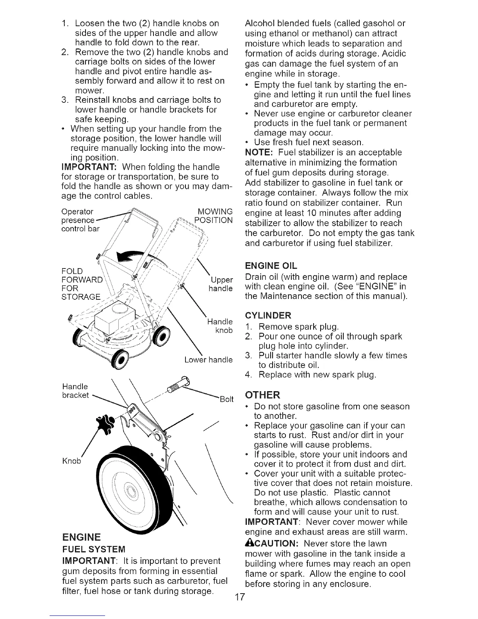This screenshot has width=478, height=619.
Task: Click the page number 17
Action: click(x=239, y=608)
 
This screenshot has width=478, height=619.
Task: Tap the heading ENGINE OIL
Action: click(x=271, y=266)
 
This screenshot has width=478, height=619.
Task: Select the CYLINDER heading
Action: click(x=268, y=315)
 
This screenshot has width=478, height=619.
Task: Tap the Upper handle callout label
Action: click(x=221, y=284)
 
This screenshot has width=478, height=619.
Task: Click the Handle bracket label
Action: click(x=75, y=391)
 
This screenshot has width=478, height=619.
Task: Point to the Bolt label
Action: click(x=227, y=399)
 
